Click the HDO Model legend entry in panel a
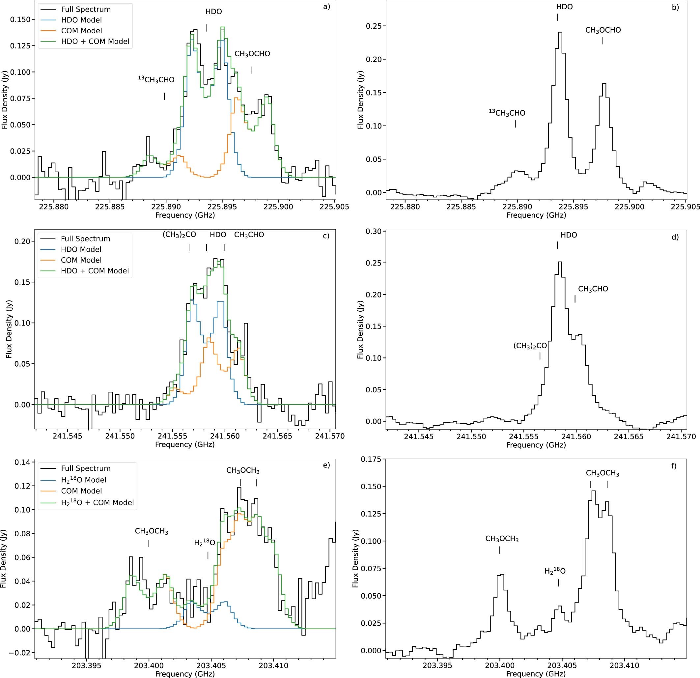coord(81,20)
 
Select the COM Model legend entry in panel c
coord(81,260)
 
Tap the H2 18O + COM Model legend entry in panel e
coord(97,502)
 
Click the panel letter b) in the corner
coord(675,8)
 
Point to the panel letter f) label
coord(673,466)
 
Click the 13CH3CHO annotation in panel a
coord(156,80)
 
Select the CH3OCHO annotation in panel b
coord(603,30)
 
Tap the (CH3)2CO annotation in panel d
coord(530,346)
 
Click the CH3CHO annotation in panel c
coord(249,235)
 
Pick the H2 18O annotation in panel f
coord(555,571)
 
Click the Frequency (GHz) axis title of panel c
coord(185,445)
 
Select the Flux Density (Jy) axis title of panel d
coord(360,329)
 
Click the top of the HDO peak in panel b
coord(560,32)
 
